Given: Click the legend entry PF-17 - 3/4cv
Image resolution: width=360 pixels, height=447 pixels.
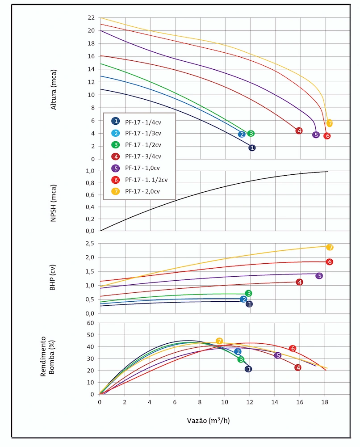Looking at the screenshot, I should pyautogui.click(x=143, y=156).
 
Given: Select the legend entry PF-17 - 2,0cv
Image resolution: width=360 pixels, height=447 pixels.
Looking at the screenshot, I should pyautogui.click(x=142, y=191).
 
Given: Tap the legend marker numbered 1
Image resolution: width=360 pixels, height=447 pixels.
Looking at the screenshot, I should pyautogui.click(x=116, y=121).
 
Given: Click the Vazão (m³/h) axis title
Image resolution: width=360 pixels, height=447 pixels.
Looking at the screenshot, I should pyautogui.click(x=208, y=421).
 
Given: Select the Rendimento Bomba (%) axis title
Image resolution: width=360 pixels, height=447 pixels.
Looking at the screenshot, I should pyautogui.click(x=47, y=359).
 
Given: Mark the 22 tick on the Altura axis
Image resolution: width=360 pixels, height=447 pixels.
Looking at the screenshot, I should pyautogui.click(x=91, y=18).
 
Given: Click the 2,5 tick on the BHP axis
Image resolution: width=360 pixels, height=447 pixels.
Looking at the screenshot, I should pyautogui.click(x=90, y=243).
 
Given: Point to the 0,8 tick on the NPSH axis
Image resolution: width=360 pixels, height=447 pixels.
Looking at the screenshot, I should pyautogui.click(x=90, y=183).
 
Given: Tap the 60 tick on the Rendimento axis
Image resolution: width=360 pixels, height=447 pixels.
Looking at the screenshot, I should pyautogui.click(x=91, y=323).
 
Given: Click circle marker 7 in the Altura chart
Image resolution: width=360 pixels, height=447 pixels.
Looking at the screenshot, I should pyautogui.click(x=329, y=123).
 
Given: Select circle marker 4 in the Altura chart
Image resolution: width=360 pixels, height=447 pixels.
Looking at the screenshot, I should pyautogui.click(x=299, y=131).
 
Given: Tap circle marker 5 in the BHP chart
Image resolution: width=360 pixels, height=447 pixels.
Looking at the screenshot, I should pyautogui.click(x=319, y=276).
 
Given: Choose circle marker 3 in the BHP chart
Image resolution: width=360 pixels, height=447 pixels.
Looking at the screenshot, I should pyautogui.click(x=249, y=293).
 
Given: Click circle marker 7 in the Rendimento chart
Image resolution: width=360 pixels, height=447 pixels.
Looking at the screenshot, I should pyautogui.click(x=219, y=341).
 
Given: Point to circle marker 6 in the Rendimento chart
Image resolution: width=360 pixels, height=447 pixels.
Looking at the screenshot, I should pyautogui.click(x=293, y=348).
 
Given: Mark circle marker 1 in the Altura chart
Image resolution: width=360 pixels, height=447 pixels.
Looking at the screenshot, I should pyautogui.click(x=252, y=148).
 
